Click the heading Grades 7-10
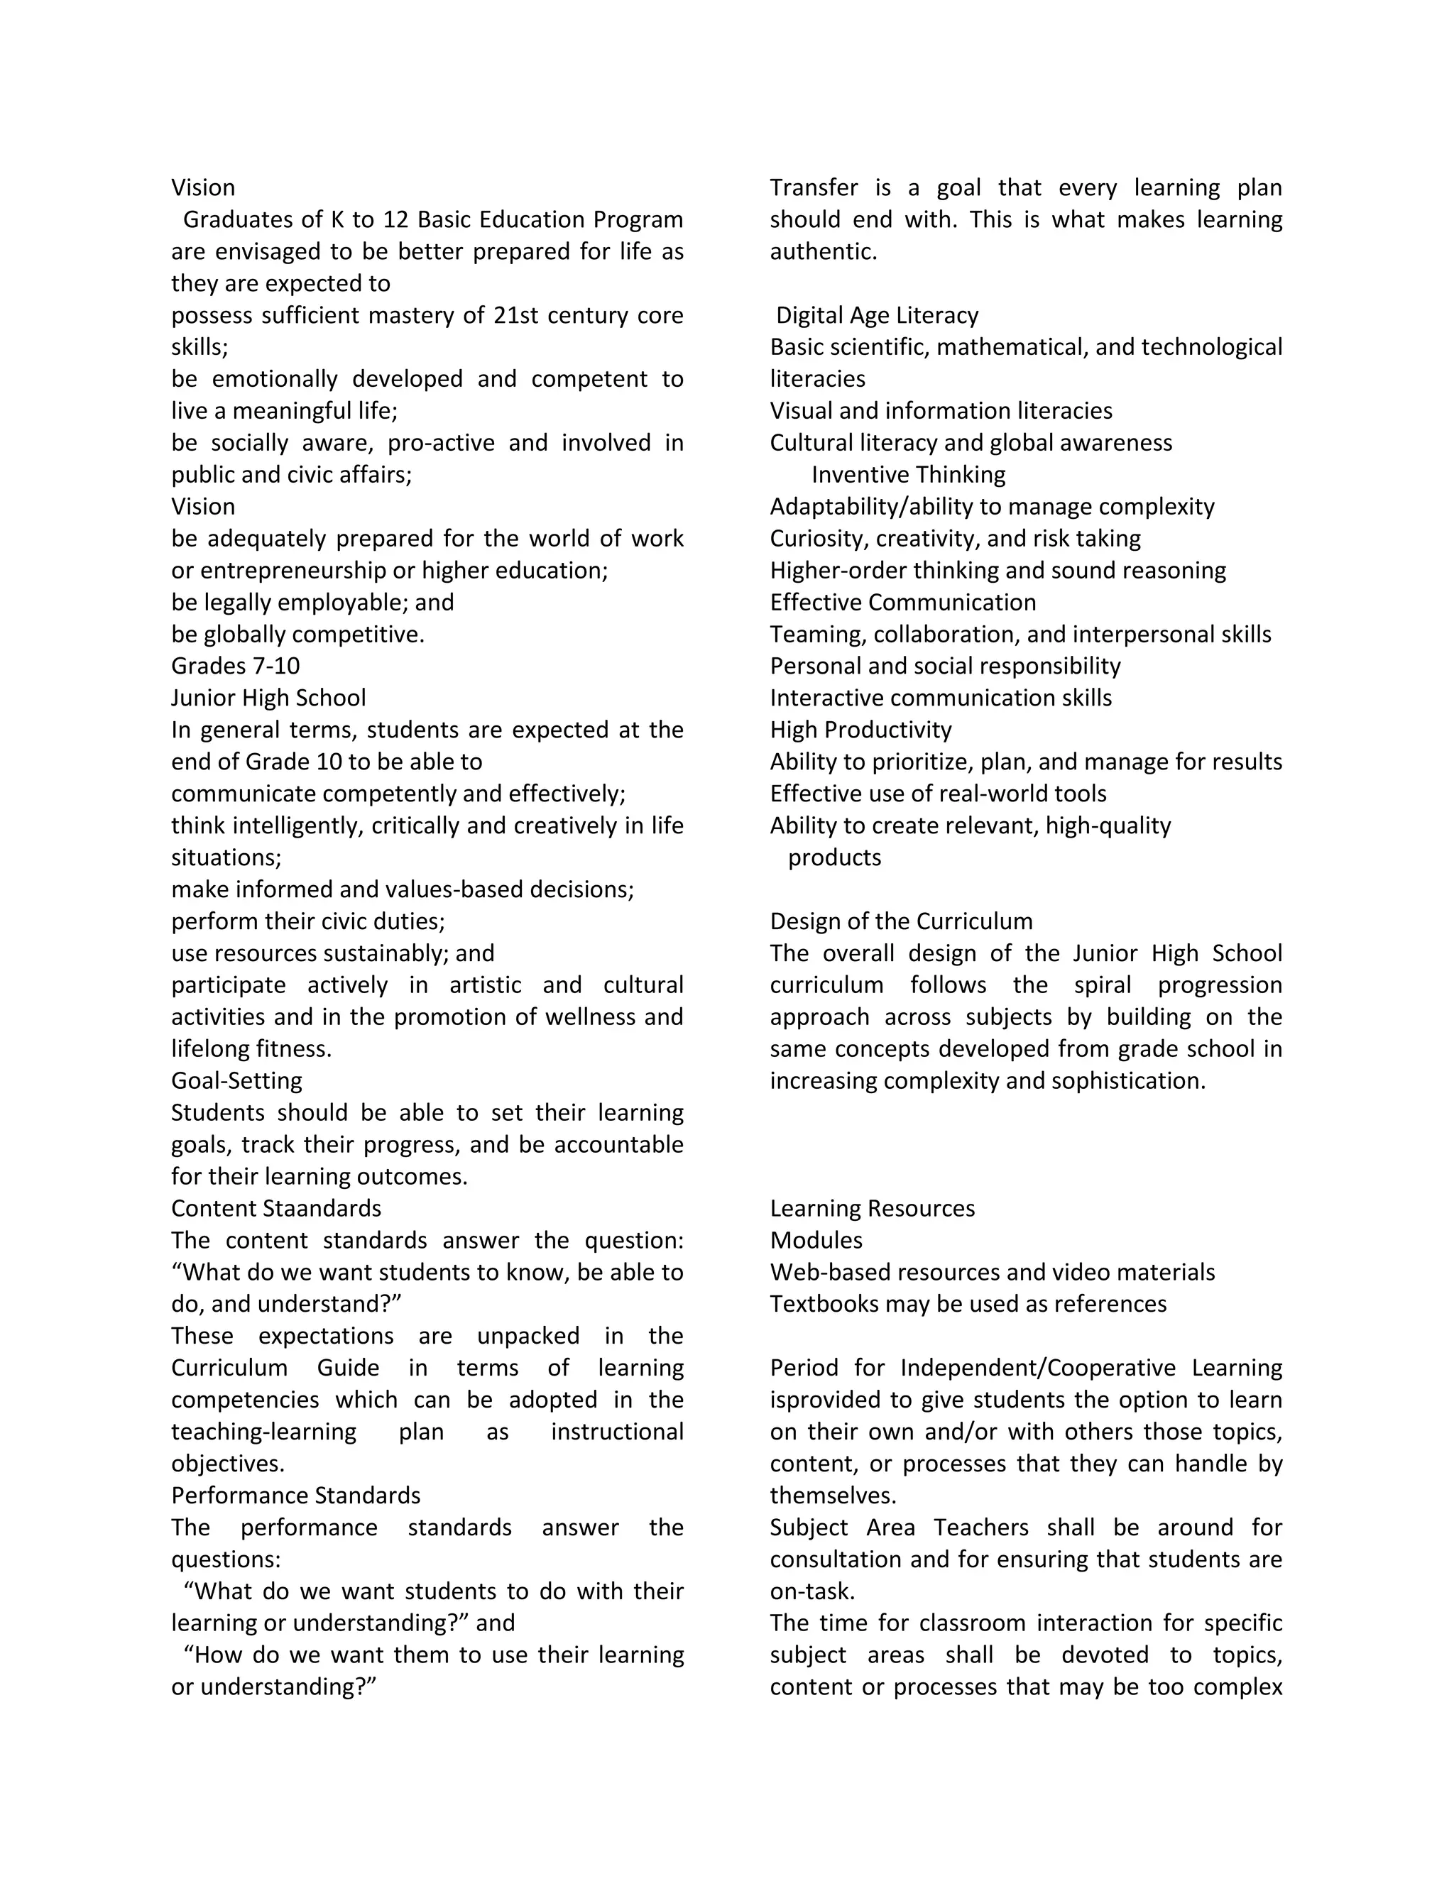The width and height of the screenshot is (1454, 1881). pos(235,666)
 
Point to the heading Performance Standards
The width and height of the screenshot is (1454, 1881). pos(295,1495)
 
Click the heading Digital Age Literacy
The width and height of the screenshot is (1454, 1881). pos(877,315)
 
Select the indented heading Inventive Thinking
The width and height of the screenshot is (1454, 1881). pos(908,475)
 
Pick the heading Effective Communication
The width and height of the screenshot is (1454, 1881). pos(903,602)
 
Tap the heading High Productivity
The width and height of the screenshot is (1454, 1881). pos(860,730)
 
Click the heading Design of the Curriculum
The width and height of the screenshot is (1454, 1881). pos(901,921)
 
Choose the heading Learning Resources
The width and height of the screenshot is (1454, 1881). pos(872,1208)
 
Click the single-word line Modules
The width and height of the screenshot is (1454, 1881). pos(816,1240)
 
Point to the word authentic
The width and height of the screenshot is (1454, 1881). pos(823,251)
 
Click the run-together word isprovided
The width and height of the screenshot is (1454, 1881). pos(824,1400)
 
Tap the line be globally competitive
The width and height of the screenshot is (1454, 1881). pos(297,634)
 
